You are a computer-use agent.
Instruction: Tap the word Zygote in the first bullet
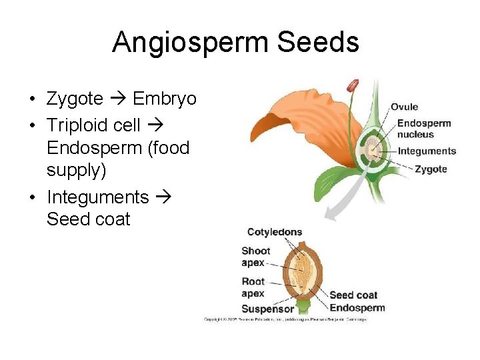(x=75, y=99)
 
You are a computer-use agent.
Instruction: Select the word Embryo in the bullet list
(x=165, y=99)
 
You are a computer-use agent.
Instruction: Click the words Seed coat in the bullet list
(x=88, y=219)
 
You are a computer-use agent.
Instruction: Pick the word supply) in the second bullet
(x=76, y=170)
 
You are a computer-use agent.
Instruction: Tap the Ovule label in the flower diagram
(x=404, y=107)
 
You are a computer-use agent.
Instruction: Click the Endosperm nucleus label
(x=424, y=128)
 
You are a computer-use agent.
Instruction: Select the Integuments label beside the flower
(x=427, y=151)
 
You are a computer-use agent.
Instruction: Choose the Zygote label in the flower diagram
(x=431, y=169)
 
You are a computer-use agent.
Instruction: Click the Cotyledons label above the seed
(x=275, y=232)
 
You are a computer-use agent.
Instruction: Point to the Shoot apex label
(x=255, y=257)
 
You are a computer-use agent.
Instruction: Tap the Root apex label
(x=253, y=287)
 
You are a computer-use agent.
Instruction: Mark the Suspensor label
(x=267, y=309)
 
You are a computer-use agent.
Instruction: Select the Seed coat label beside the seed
(x=353, y=295)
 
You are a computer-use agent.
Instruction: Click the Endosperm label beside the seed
(x=357, y=307)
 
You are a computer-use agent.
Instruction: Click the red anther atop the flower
(x=352, y=86)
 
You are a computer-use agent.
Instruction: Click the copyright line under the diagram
(x=285, y=319)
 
